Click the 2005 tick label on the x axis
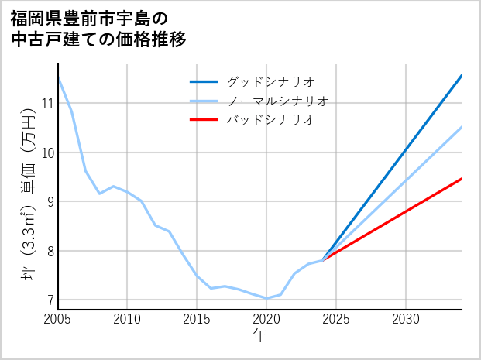pos(58,319)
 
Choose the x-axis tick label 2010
pos(128,319)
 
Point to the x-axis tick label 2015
pos(197,319)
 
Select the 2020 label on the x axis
pos(266,319)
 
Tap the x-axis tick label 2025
pos(336,319)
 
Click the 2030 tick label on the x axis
pos(406,319)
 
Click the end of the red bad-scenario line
pos(461,179)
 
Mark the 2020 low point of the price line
pos(266,298)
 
